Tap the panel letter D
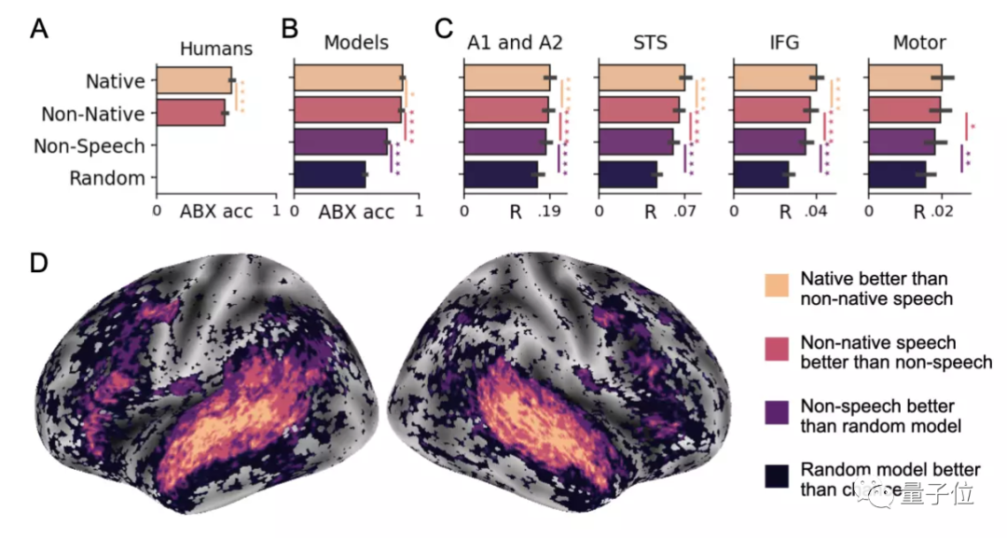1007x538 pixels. tap(40, 264)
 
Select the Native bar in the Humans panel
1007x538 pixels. tap(194, 81)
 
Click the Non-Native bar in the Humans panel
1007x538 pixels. tap(190, 114)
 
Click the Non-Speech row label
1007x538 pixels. tap(90, 146)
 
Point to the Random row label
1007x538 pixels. tap(107, 178)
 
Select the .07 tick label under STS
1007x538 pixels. tap(686, 212)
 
